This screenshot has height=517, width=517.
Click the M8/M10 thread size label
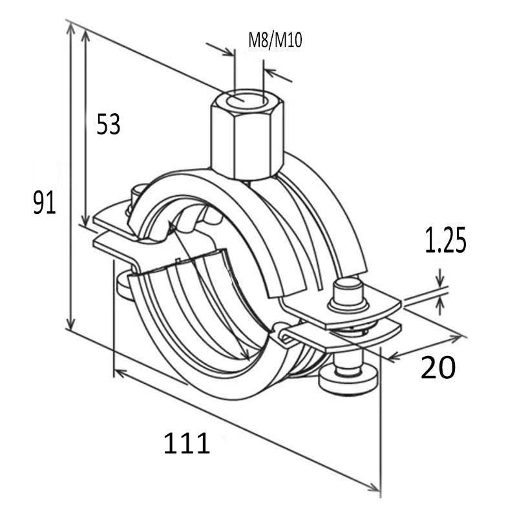tap(275, 41)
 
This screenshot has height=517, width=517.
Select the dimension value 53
tap(108, 124)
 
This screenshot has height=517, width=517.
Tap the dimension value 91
tap(45, 204)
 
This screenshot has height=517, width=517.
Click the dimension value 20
tap(438, 368)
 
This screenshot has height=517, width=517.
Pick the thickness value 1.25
tap(445, 242)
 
